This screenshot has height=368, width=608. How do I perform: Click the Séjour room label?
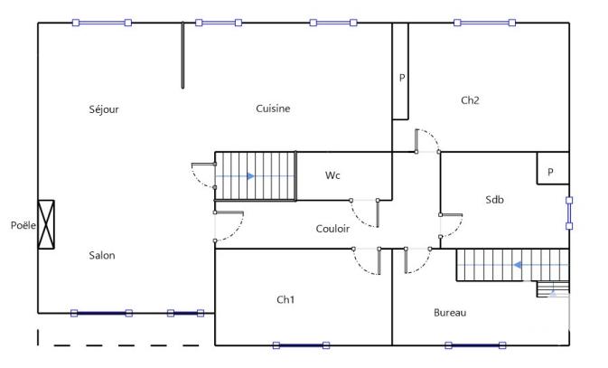coord(104,109)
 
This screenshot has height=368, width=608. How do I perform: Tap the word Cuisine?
coord(273,109)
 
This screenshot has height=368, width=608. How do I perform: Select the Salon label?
coord(102,256)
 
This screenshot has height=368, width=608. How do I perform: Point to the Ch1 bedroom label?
coord(285,299)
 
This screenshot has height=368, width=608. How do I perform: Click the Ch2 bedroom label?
coord(470,100)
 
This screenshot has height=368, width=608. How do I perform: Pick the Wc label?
coord(332,175)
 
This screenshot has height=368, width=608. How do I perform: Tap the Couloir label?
coord(332,229)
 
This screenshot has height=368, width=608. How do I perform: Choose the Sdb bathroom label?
coord(494,200)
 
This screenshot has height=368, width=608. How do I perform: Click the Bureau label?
coord(450,313)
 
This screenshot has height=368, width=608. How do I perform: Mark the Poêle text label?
coord(23,224)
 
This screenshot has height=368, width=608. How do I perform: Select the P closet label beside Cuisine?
coord(402,78)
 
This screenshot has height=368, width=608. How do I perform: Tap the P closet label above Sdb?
coord(551,172)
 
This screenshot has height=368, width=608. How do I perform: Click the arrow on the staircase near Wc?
coord(250,175)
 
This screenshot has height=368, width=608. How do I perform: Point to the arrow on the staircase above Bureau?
coord(519,265)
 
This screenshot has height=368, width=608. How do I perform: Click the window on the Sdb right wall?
coord(569,213)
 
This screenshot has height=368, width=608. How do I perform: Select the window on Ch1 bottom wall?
coord(302,344)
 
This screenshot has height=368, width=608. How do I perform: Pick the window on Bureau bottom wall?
coord(473,344)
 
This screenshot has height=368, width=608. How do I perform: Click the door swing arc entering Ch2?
coord(426,139)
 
